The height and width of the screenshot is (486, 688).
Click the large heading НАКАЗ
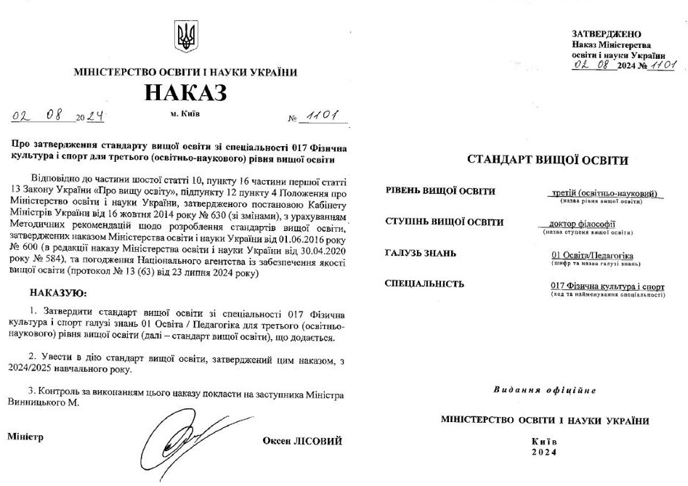(185, 92)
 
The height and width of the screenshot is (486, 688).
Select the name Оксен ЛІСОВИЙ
(302, 441)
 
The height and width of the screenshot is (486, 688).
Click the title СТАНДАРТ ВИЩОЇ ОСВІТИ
(547, 160)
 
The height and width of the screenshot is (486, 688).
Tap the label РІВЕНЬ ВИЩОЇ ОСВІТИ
(440, 192)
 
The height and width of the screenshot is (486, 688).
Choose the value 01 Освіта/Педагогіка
(593, 256)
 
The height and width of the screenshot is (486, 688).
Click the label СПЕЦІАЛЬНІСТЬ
(424, 283)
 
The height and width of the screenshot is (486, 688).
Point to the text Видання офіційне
(545, 390)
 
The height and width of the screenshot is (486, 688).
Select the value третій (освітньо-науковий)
(604, 193)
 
